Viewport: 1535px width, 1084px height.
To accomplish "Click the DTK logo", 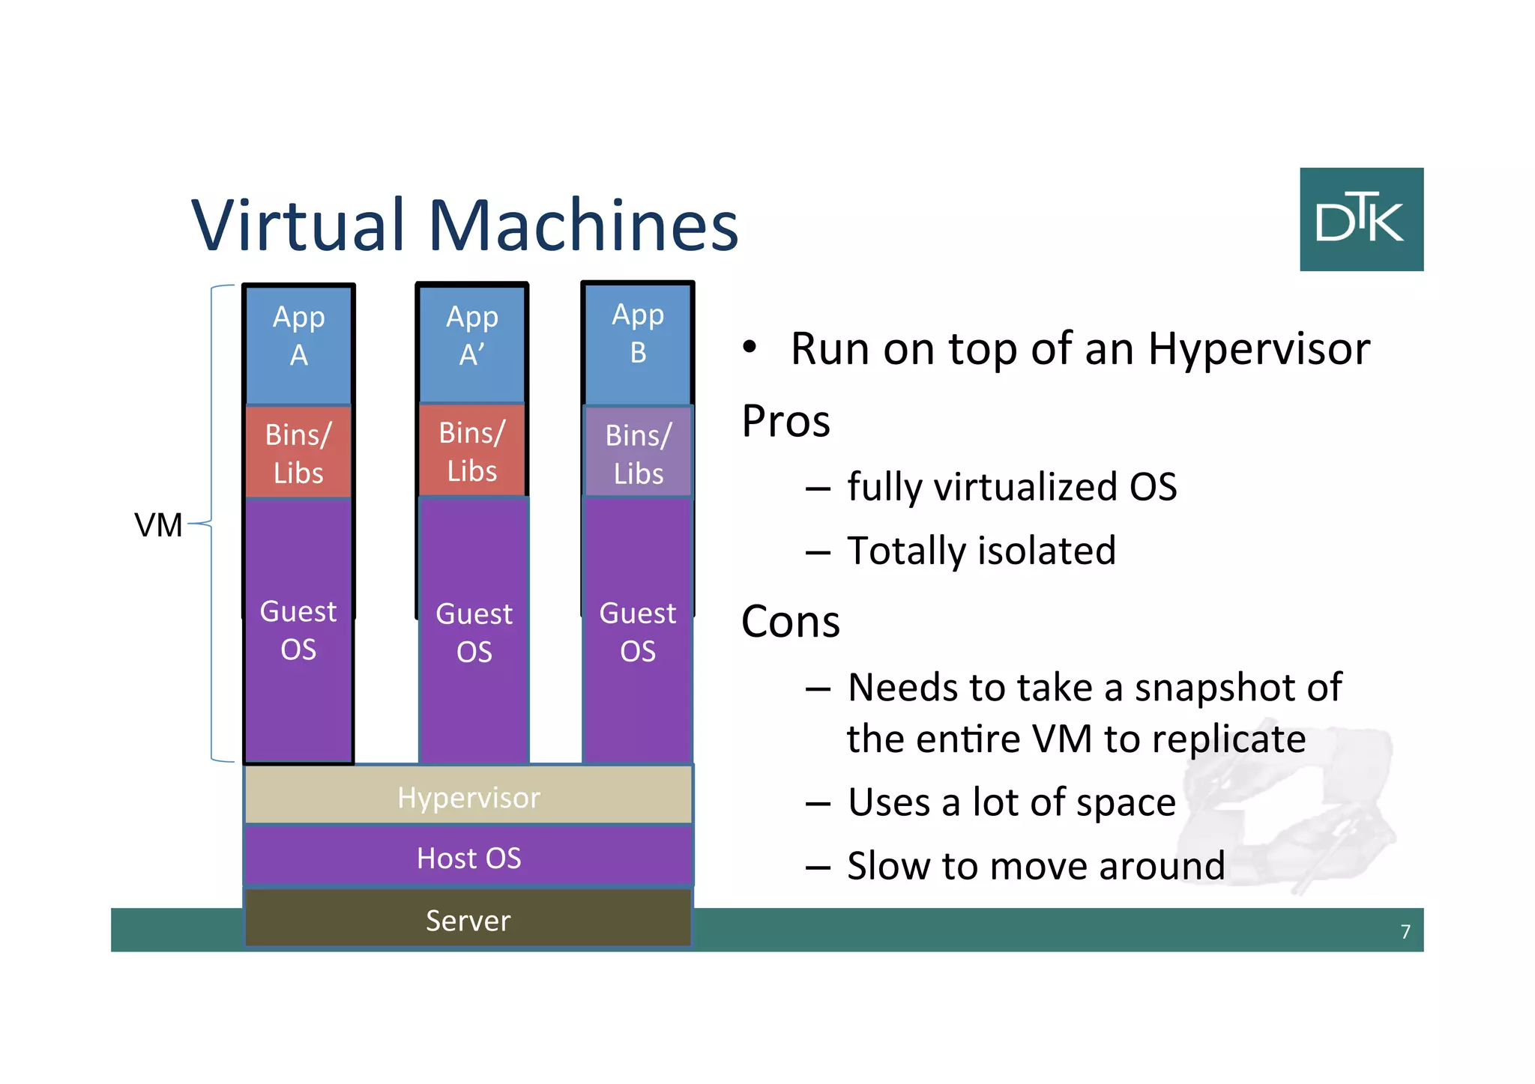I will pos(1361,219).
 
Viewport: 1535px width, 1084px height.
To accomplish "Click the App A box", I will pos(298,344).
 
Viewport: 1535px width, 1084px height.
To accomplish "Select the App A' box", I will pos(472,343).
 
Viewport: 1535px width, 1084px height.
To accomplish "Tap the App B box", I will pos(638,342).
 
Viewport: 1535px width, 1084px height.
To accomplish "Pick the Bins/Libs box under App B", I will pos(639,452).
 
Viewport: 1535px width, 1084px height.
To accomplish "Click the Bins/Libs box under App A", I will pos(298,452).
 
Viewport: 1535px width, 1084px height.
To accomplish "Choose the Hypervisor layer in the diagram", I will pos(468,796).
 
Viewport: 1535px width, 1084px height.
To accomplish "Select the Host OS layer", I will pos(468,857).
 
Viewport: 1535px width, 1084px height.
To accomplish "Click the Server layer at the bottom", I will pos(468,919).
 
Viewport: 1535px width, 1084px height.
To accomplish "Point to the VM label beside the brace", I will pos(158,524).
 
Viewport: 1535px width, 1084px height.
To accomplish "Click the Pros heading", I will pos(785,420).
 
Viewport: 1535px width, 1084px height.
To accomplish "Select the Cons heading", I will pos(790,621).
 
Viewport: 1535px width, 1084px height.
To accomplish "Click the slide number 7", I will pos(1405,931).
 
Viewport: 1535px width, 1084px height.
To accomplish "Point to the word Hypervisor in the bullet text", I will pos(1258,349).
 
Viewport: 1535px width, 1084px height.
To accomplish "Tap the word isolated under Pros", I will pos(1052,551).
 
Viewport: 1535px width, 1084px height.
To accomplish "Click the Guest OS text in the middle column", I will pos(474,632).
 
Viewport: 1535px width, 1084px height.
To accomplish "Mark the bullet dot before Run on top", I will pos(750,347).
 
